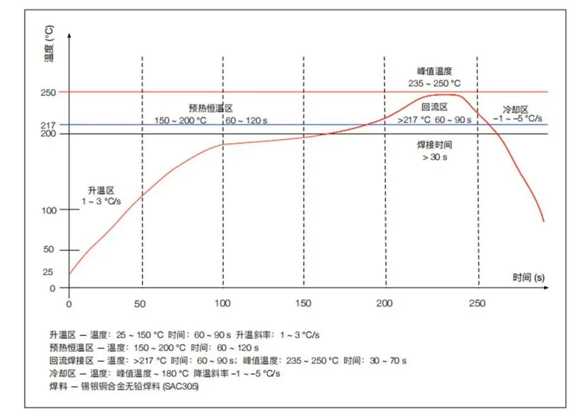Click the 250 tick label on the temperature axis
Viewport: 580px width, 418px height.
[48, 92]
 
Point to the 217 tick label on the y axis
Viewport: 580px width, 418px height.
[48, 125]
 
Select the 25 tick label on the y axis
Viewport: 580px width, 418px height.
[48, 272]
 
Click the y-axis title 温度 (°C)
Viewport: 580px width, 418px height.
[50, 44]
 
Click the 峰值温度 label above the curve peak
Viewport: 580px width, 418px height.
[434, 71]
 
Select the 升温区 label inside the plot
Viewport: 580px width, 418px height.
[101, 190]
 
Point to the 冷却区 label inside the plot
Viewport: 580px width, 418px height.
[516, 110]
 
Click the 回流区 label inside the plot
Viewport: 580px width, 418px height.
[433, 108]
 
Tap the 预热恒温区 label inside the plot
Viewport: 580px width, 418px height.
[210, 108]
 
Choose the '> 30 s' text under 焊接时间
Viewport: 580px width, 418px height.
[435, 157]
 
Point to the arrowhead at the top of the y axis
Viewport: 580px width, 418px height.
[69, 35]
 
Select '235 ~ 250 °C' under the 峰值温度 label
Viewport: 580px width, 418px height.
[434, 83]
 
